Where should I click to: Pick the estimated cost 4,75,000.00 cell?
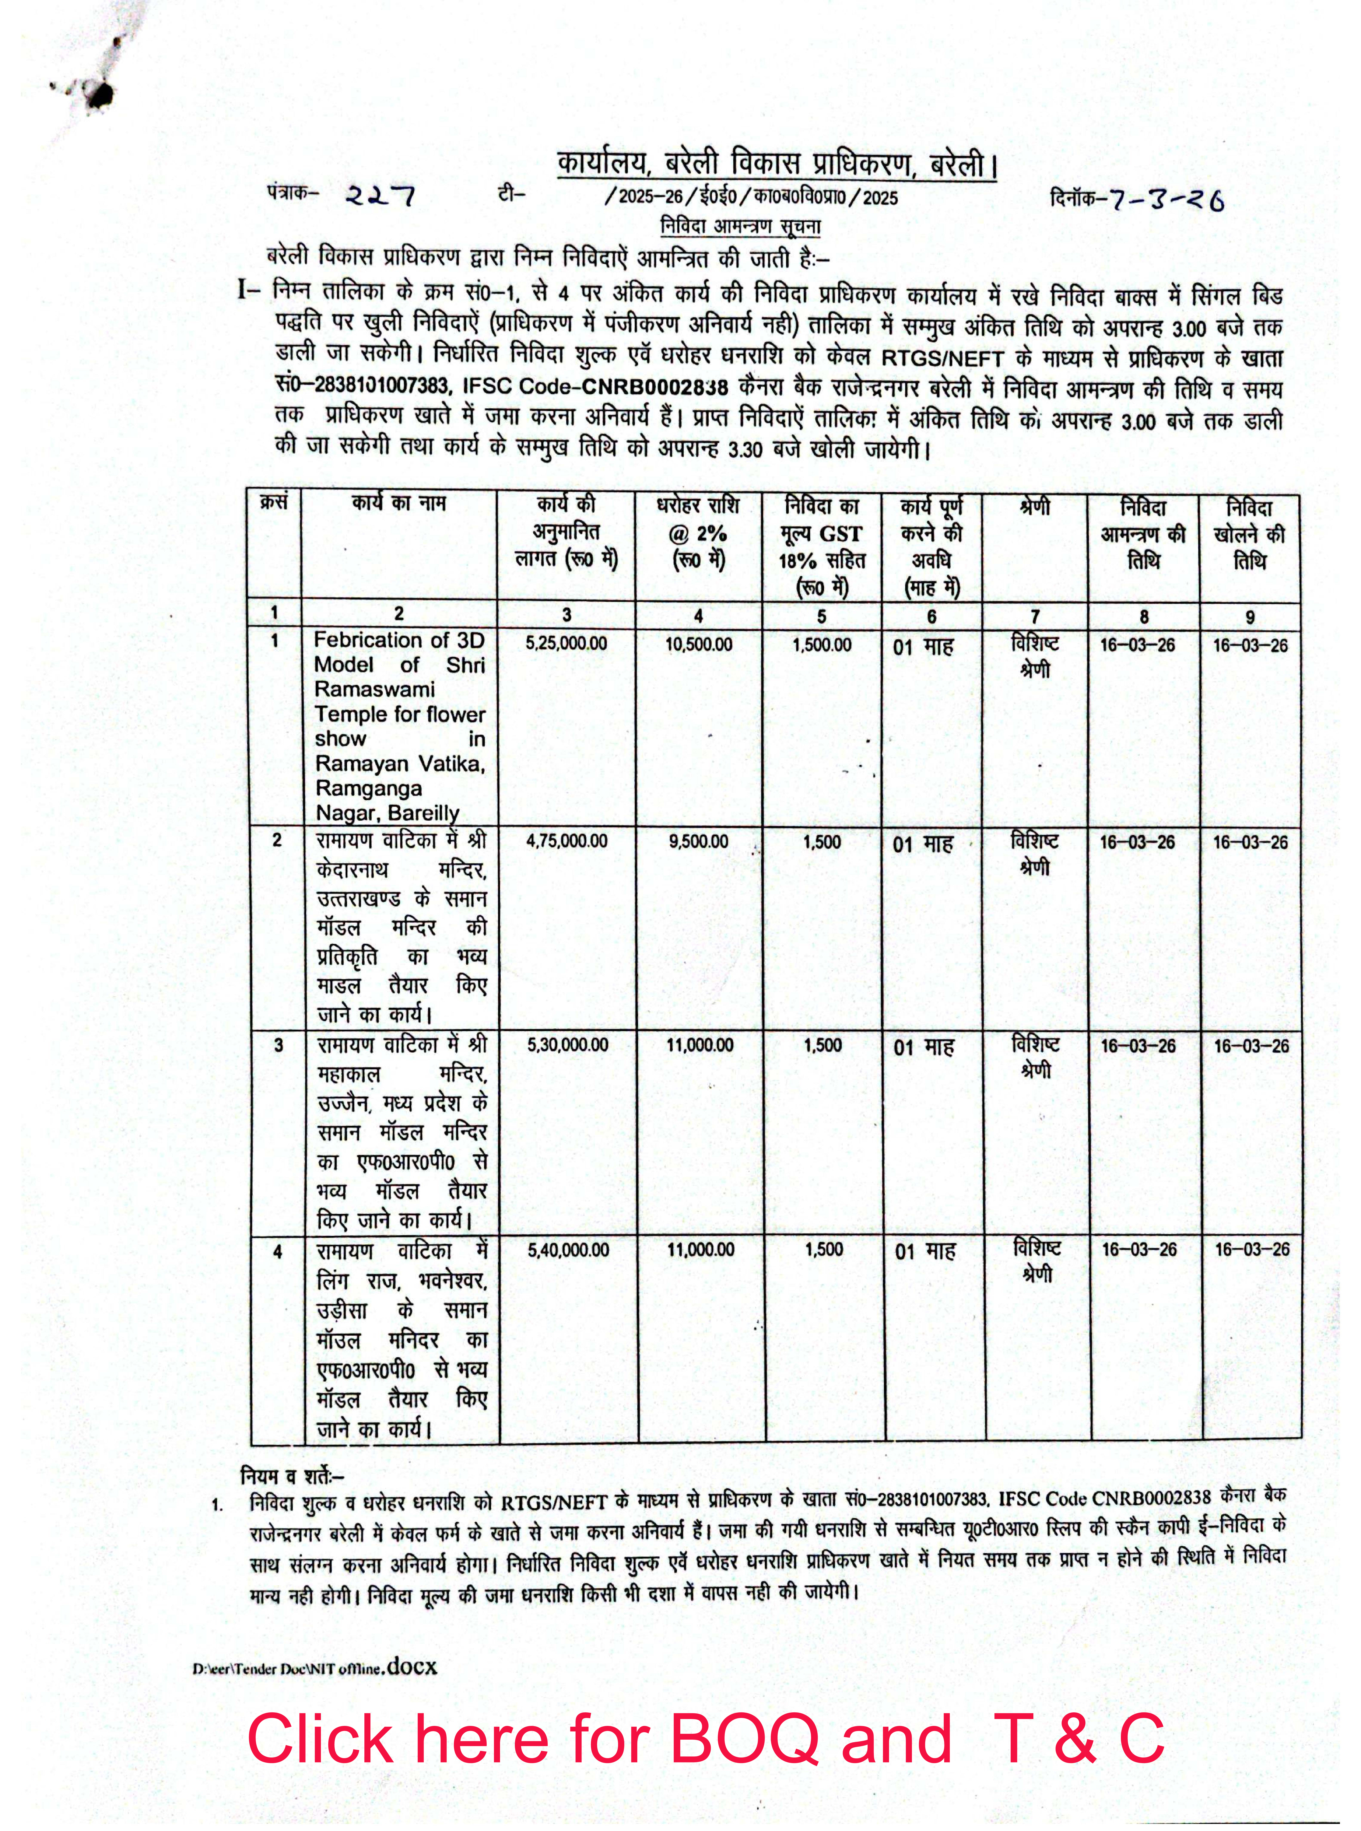pos(567,841)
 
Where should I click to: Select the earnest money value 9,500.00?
pos(699,841)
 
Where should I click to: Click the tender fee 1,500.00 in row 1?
pos(821,644)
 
